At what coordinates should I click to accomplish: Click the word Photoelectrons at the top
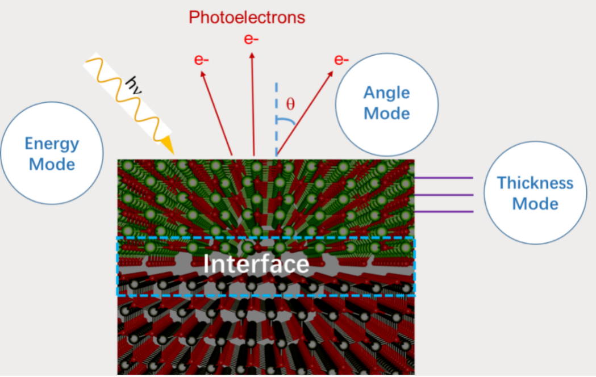(x=247, y=18)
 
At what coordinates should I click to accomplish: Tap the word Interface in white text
(x=256, y=265)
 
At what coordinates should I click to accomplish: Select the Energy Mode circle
(x=52, y=153)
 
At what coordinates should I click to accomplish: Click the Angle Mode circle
(x=386, y=103)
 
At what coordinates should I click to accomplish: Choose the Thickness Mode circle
(x=535, y=193)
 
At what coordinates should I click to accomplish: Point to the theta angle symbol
(x=290, y=104)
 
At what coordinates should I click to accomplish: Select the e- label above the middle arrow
(x=251, y=39)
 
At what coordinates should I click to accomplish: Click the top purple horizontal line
(x=443, y=178)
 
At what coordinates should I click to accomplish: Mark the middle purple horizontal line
(x=443, y=195)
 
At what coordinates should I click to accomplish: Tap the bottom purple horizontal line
(x=443, y=212)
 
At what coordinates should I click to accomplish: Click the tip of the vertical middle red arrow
(x=252, y=53)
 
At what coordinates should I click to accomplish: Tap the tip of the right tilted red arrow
(x=333, y=72)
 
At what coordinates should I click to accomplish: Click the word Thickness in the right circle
(x=535, y=183)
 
